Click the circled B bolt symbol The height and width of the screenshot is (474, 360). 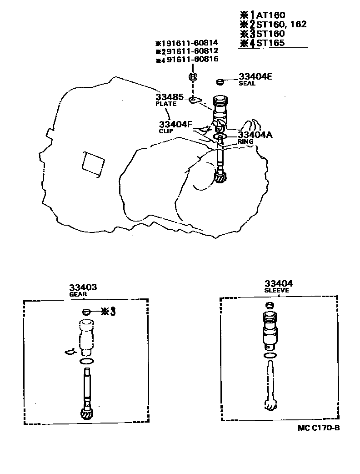pos(193,77)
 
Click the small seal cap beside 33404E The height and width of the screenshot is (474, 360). pos(220,82)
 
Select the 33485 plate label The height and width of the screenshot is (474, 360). pos(169,97)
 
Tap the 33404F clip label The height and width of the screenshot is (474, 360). pos(175,125)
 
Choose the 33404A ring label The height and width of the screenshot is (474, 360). pos(255,135)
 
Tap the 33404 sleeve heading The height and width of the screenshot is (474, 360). pos(278,283)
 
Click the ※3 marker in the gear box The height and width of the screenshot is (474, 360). pos(108,312)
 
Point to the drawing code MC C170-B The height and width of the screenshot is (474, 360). pos(319,427)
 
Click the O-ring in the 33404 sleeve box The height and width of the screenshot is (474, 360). pos(270,355)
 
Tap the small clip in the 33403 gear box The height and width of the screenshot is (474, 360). pos(70,351)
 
